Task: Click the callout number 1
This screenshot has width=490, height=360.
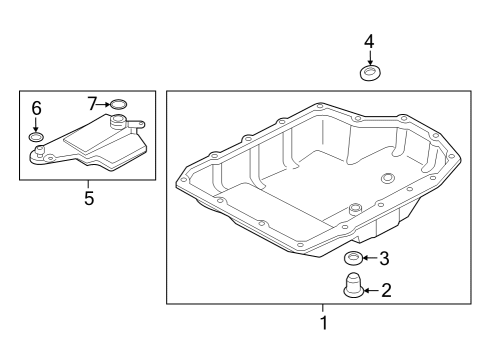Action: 324,322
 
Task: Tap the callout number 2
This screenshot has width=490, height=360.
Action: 386,290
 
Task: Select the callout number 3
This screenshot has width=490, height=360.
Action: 384,258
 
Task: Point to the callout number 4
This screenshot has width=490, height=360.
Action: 369,42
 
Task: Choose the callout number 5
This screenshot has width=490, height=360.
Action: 89,198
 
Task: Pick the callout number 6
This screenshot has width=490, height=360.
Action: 36,108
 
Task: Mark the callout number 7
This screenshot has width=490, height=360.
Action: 92,104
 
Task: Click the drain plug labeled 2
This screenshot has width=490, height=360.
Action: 354,285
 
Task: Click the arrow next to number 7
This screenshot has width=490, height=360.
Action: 103,104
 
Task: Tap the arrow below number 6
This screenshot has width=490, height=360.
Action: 36,124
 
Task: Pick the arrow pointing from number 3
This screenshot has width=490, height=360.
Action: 371,258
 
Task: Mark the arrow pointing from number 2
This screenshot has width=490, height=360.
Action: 372,291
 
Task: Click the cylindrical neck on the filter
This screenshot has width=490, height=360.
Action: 117,121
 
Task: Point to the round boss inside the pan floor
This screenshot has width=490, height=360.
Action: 387,178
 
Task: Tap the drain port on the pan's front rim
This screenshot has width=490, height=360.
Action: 354,209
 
